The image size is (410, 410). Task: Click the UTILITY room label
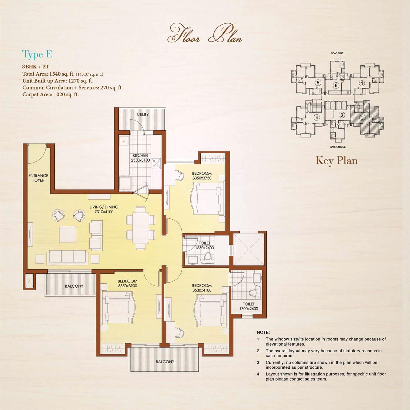click(143, 114)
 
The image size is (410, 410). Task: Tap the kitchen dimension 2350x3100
click(140, 160)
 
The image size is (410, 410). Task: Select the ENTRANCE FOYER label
click(38, 178)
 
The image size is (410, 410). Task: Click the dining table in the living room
click(141, 228)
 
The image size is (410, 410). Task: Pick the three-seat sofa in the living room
click(67, 258)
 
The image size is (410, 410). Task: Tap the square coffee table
click(68, 234)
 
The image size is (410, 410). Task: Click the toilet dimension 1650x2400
click(204, 248)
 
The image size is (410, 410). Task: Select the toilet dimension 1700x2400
click(248, 309)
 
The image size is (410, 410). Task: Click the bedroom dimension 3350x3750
click(202, 178)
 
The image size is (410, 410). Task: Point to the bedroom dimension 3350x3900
click(128, 286)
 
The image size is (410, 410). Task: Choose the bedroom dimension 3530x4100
click(202, 290)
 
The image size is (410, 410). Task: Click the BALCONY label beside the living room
click(74, 286)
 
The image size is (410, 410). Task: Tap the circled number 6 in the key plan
click(336, 85)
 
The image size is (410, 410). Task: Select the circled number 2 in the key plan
click(362, 118)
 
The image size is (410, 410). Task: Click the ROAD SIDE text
click(337, 53)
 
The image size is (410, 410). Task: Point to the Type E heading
click(37, 54)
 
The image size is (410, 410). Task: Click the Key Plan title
click(337, 160)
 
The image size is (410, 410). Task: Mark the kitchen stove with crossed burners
click(156, 164)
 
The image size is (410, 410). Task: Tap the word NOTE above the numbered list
click(263, 332)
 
